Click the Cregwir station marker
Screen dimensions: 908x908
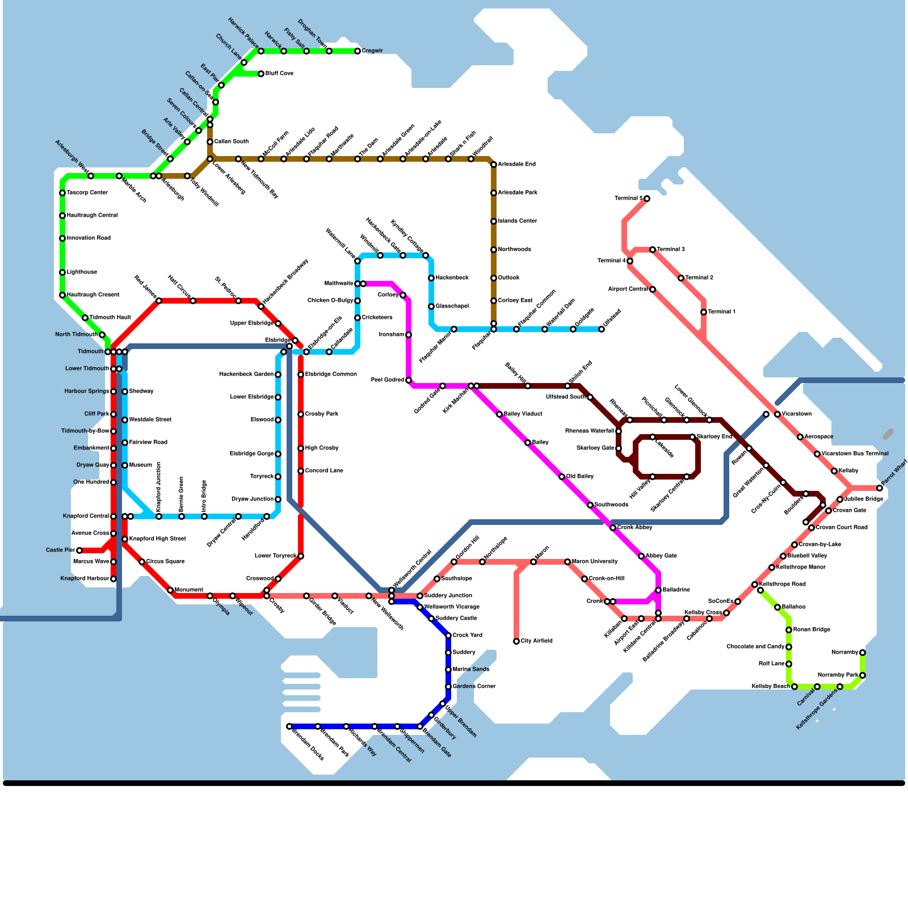coord(358,51)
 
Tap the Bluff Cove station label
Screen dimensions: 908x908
coord(279,74)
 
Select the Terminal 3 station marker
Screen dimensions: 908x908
coord(653,250)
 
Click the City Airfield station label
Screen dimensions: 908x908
coord(536,641)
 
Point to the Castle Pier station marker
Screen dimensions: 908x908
coord(79,550)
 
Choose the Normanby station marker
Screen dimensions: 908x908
coord(863,653)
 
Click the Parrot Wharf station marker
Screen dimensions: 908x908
coord(880,488)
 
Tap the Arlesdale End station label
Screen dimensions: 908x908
coord(516,165)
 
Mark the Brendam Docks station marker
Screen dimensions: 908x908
coord(289,726)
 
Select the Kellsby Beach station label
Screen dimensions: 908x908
coord(770,687)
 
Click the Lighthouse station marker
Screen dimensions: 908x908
coord(62,272)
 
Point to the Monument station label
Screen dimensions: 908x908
coord(188,590)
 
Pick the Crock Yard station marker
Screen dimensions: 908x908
coord(448,636)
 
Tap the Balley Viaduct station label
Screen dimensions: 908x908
coord(523,414)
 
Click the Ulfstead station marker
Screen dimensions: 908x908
coord(602,329)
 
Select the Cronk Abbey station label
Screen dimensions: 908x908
coord(634,528)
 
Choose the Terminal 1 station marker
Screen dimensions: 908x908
coord(704,312)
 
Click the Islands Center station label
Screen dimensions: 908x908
coord(517,221)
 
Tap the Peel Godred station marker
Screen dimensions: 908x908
coord(409,380)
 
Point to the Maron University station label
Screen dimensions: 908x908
coord(595,562)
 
